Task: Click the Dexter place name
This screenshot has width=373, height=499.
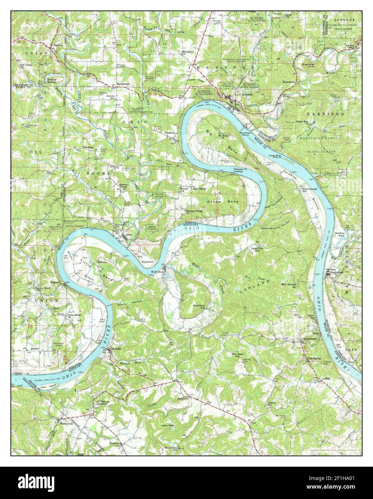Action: pos(34,348)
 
